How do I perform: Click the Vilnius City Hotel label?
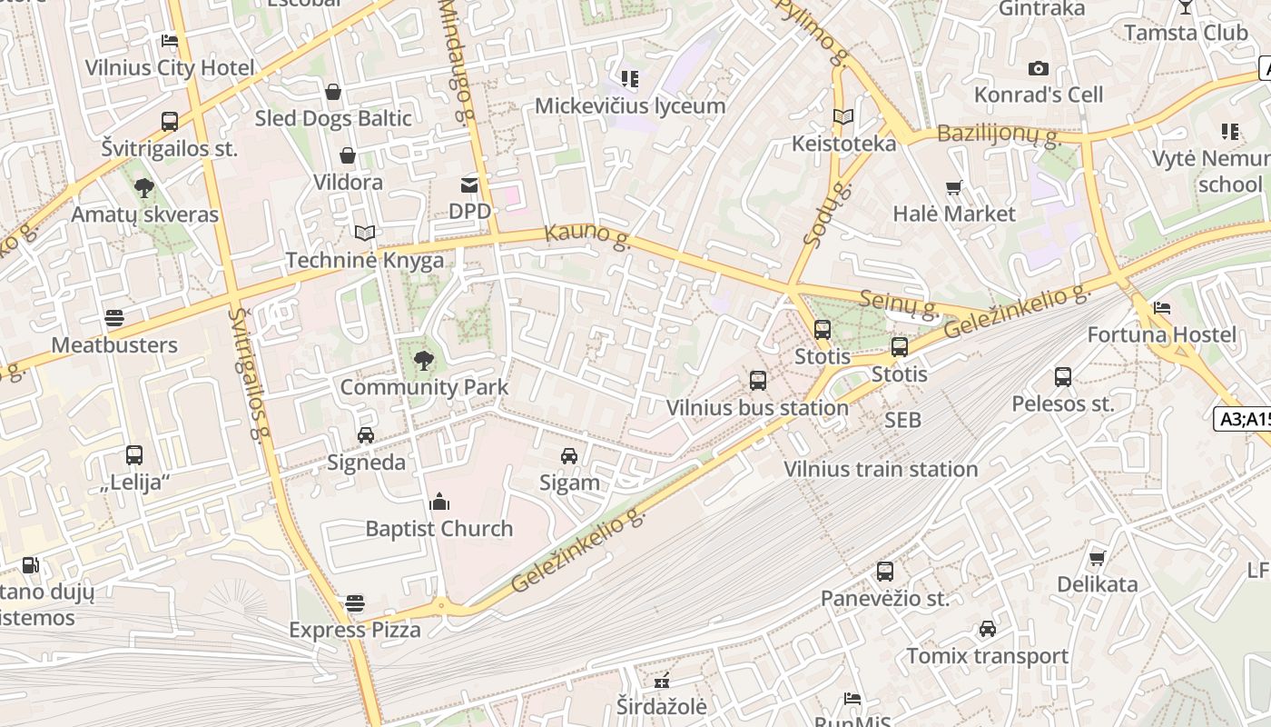(x=170, y=68)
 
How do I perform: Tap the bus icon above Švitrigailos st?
(x=170, y=122)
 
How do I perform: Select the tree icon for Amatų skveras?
(x=143, y=188)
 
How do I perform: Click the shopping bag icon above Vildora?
(x=348, y=156)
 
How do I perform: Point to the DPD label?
(x=469, y=212)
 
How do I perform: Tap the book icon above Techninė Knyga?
(x=365, y=234)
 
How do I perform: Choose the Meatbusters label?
(x=114, y=345)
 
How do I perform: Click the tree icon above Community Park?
(x=423, y=361)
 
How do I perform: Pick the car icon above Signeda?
(x=366, y=435)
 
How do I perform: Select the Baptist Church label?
(x=438, y=529)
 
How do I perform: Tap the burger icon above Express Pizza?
(x=355, y=603)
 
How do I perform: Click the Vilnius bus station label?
(x=757, y=408)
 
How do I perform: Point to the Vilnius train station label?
(x=881, y=470)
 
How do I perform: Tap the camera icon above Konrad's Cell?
(x=1039, y=68)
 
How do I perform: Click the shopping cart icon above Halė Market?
(x=954, y=188)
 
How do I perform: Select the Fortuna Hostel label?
(x=1162, y=335)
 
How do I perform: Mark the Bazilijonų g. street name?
(x=999, y=134)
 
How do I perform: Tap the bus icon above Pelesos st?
(x=1063, y=376)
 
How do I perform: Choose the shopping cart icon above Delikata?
(x=1098, y=558)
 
